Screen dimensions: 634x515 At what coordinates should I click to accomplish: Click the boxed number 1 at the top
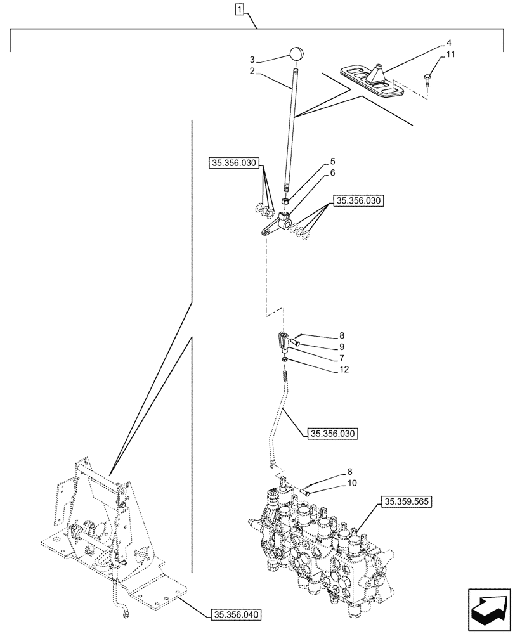click(239, 9)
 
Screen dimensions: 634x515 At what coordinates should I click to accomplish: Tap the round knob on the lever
click(297, 54)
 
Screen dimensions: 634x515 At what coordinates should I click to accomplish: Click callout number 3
click(251, 59)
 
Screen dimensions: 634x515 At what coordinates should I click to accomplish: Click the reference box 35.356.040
click(233, 614)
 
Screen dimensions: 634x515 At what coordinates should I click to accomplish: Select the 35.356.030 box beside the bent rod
click(332, 434)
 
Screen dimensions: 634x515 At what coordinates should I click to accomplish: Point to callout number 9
click(342, 347)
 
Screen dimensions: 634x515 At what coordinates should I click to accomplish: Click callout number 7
click(342, 358)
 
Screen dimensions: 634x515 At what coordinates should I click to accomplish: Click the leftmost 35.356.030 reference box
click(232, 164)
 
